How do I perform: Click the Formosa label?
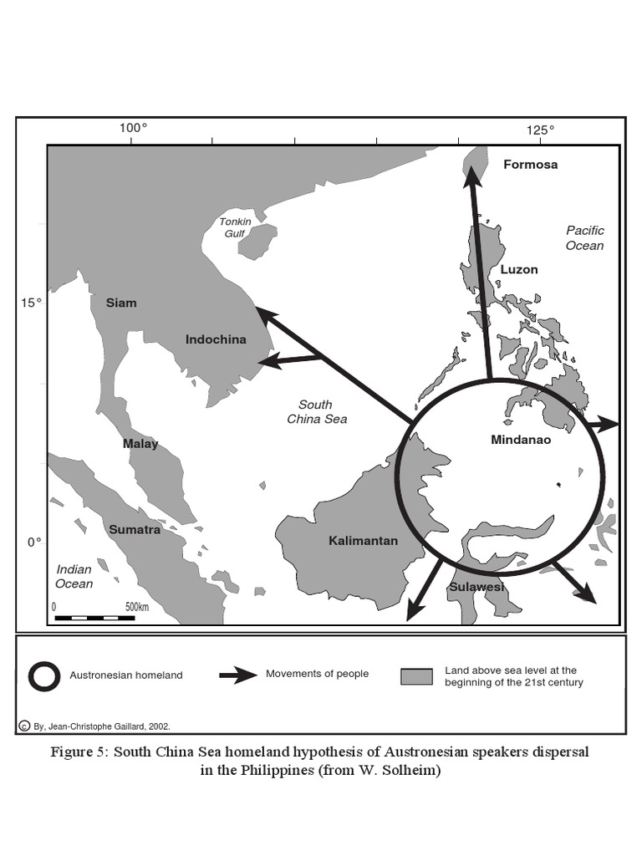[x=530, y=165]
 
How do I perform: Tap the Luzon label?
[x=519, y=270]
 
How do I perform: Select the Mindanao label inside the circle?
[x=521, y=440]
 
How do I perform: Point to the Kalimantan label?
[x=363, y=541]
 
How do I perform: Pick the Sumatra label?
[x=135, y=529]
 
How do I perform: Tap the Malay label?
[x=140, y=444]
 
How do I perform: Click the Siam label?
[x=121, y=303]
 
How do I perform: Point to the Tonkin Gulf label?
[x=235, y=227]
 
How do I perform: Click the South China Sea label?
[x=316, y=411]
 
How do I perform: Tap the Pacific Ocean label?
[x=584, y=237]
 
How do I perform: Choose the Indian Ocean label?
[x=74, y=576]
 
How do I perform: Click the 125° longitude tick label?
[x=540, y=129]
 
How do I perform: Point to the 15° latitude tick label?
[x=31, y=303]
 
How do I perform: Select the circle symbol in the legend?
[x=43, y=675]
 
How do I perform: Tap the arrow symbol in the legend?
[x=237, y=675]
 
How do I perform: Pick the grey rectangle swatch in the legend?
[x=415, y=676]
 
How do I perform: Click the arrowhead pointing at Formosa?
[x=473, y=174]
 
